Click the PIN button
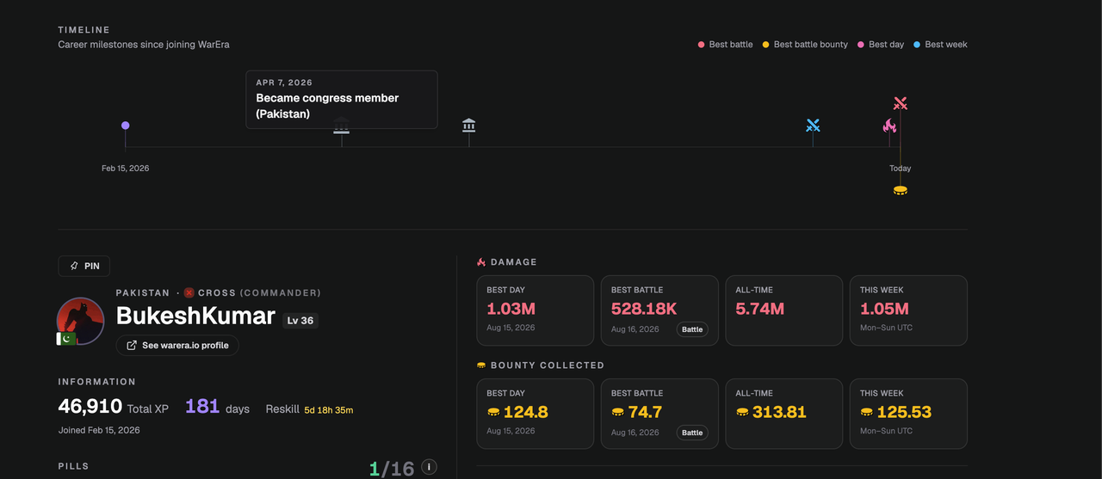[84, 266]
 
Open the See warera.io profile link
[177, 346]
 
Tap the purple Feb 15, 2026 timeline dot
[126, 126]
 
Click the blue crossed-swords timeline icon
[813, 126]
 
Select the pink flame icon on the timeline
[889, 126]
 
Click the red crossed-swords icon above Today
[901, 103]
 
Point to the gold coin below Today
[901, 190]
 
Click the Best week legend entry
[940, 44]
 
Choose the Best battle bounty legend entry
[805, 44]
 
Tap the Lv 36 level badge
[300, 320]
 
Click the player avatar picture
[80, 321]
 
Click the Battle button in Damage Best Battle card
[692, 329]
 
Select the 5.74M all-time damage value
[759, 309]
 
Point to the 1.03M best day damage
[511, 309]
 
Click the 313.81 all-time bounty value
[779, 412]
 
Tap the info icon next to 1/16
[429, 467]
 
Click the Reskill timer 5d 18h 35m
[329, 409]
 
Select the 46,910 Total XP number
[90, 406]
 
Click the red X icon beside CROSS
[189, 292]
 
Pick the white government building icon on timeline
[469, 126]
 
